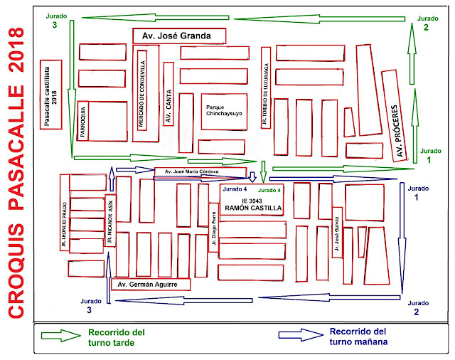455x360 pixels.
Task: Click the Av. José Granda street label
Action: pyautogui.click(x=176, y=36)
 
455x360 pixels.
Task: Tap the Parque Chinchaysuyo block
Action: pyautogui.click(x=224, y=112)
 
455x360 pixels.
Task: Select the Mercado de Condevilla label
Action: pyautogui.click(x=141, y=93)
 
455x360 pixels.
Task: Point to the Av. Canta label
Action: pyautogui.click(x=168, y=106)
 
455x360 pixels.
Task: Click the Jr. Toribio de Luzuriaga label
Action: pyautogui.click(x=265, y=94)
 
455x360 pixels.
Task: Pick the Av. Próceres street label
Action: pyautogui.click(x=397, y=131)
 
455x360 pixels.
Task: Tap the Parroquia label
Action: pyautogui.click(x=82, y=122)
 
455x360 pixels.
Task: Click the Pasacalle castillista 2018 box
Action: pyautogui.click(x=50, y=95)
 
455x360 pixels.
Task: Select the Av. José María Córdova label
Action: pyautogui.click(x=191, y=171)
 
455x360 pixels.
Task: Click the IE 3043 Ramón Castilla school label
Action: pyautogui.click(x=252, y=204)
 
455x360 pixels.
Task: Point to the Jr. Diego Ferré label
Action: pyautogui.click(x=214, y=228)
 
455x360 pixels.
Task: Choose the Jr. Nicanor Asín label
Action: pyautogui.click(x=109, y=221)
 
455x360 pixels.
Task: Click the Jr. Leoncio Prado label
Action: pyautogui.click(x=64, y=224)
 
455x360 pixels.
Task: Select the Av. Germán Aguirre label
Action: pyautogui.click(x=147, y=285)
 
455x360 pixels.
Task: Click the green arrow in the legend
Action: pyautogui.click(x=60, y=335)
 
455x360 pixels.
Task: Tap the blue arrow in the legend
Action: pyautogui.click(x=301, y=334)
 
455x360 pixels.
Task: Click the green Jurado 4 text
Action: pyautogui.click(x=269, y=190)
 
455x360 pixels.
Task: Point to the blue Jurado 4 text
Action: pyautogui.click(x=235, y=189)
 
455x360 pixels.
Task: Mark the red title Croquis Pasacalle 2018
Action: pyautogui.click(x=16, y=173)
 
